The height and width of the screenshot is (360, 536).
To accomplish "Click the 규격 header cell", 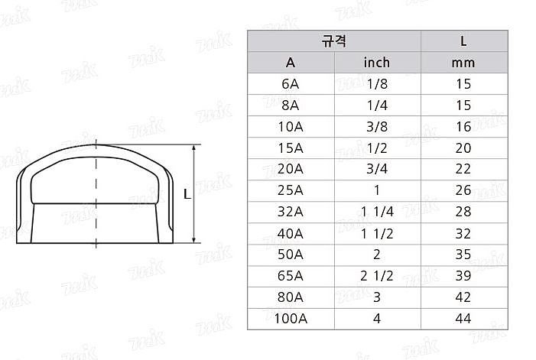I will tap(334, 41).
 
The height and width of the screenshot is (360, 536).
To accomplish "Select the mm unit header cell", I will tap(463, 62).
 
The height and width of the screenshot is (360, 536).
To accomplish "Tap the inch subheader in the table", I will tap(375, 62).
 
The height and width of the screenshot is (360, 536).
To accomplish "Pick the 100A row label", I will tap(291, 318).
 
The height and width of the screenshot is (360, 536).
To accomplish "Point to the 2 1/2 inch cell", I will tap(375, 276).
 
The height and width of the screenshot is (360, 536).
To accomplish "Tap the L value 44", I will tap(463, 318).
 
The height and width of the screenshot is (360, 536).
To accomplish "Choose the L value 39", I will tap(463, 276).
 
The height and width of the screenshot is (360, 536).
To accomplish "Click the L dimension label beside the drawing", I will tap(187, 195).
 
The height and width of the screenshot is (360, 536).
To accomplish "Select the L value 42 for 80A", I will tap(463, 297).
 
